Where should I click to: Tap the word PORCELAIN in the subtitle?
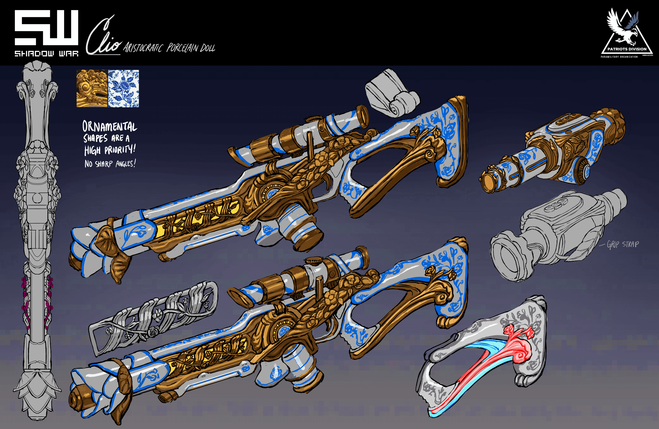[x=182, y=48]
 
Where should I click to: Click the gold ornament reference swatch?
[x=92, y=89]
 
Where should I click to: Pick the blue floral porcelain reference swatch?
[x=123, y=89]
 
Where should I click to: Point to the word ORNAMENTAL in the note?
[x=110, y=127]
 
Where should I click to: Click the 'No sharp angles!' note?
[x=110, y=164]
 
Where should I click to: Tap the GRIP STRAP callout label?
[x=623, y=245]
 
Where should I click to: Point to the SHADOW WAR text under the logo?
[x=46, y=53]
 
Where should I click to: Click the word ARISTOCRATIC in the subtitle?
[x=143, y=48]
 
